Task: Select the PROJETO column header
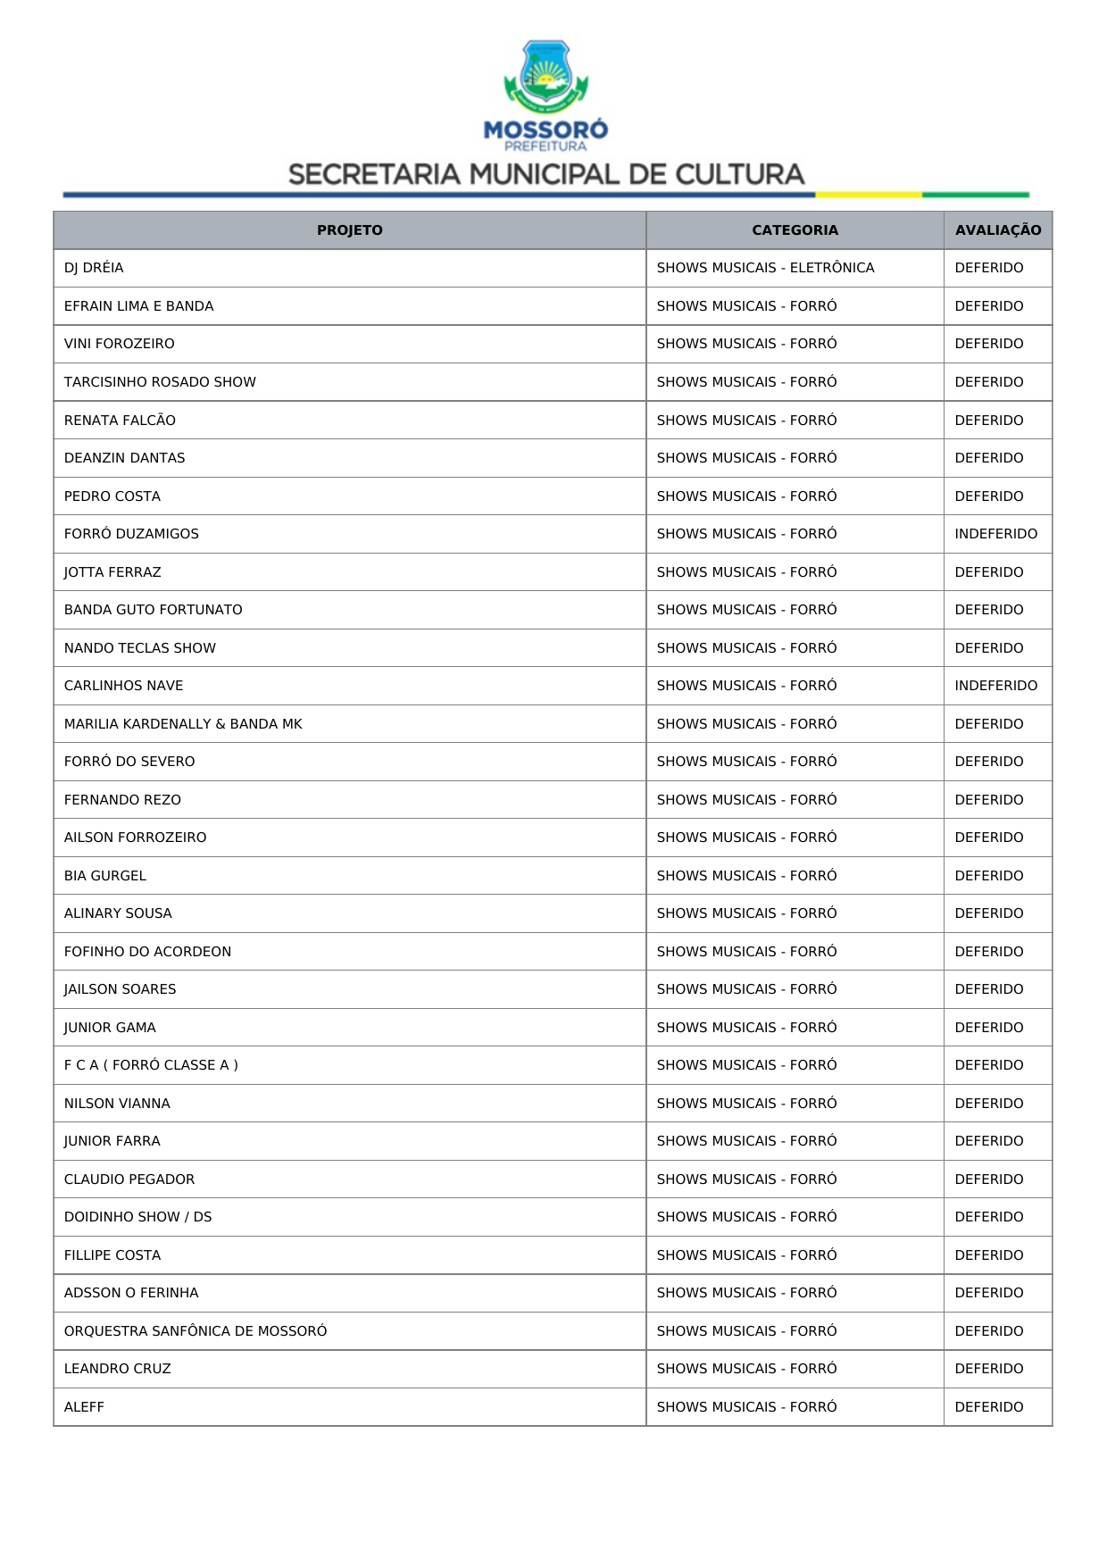pos(349,230)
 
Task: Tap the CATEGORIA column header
pos(795,230)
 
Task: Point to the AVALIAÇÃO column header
pos(997,230)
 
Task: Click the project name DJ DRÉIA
pos(94,268)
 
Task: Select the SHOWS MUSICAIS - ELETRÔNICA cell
pos(765,268)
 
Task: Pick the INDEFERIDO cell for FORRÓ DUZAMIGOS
pos(995,534)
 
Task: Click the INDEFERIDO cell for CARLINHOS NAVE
pos(995,686)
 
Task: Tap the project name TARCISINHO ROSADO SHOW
pos(160,382)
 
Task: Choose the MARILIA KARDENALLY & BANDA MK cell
pos(183,724)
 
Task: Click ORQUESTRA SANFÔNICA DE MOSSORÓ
pos(196,1331)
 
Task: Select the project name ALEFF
pos(84,1407)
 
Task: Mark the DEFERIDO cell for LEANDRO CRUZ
pos(988,1369)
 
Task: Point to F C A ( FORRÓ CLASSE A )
pos(151,1065)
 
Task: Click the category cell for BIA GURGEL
pos(746,876)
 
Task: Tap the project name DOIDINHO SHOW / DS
pos(137,1217)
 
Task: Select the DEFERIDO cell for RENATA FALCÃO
pos(988,421)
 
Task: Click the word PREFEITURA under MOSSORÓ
pos(545,146)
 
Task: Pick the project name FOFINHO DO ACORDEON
pos(147,952)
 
